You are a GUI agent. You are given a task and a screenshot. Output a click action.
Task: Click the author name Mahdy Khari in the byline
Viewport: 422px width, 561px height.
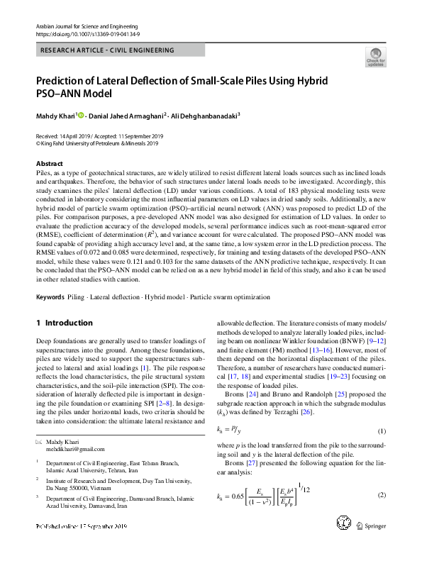pos(55,115)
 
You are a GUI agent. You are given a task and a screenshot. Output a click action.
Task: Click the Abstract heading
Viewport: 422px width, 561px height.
pos(49,163)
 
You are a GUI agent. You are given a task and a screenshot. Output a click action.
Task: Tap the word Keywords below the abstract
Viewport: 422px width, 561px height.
pos(50,297)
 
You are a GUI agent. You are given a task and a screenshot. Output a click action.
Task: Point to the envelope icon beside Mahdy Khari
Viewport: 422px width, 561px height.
pos(39,442)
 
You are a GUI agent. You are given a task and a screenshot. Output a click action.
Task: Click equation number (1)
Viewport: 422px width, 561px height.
pos(381,431)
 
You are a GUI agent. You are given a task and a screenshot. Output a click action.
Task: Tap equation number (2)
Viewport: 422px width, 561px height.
pos(381,494)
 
